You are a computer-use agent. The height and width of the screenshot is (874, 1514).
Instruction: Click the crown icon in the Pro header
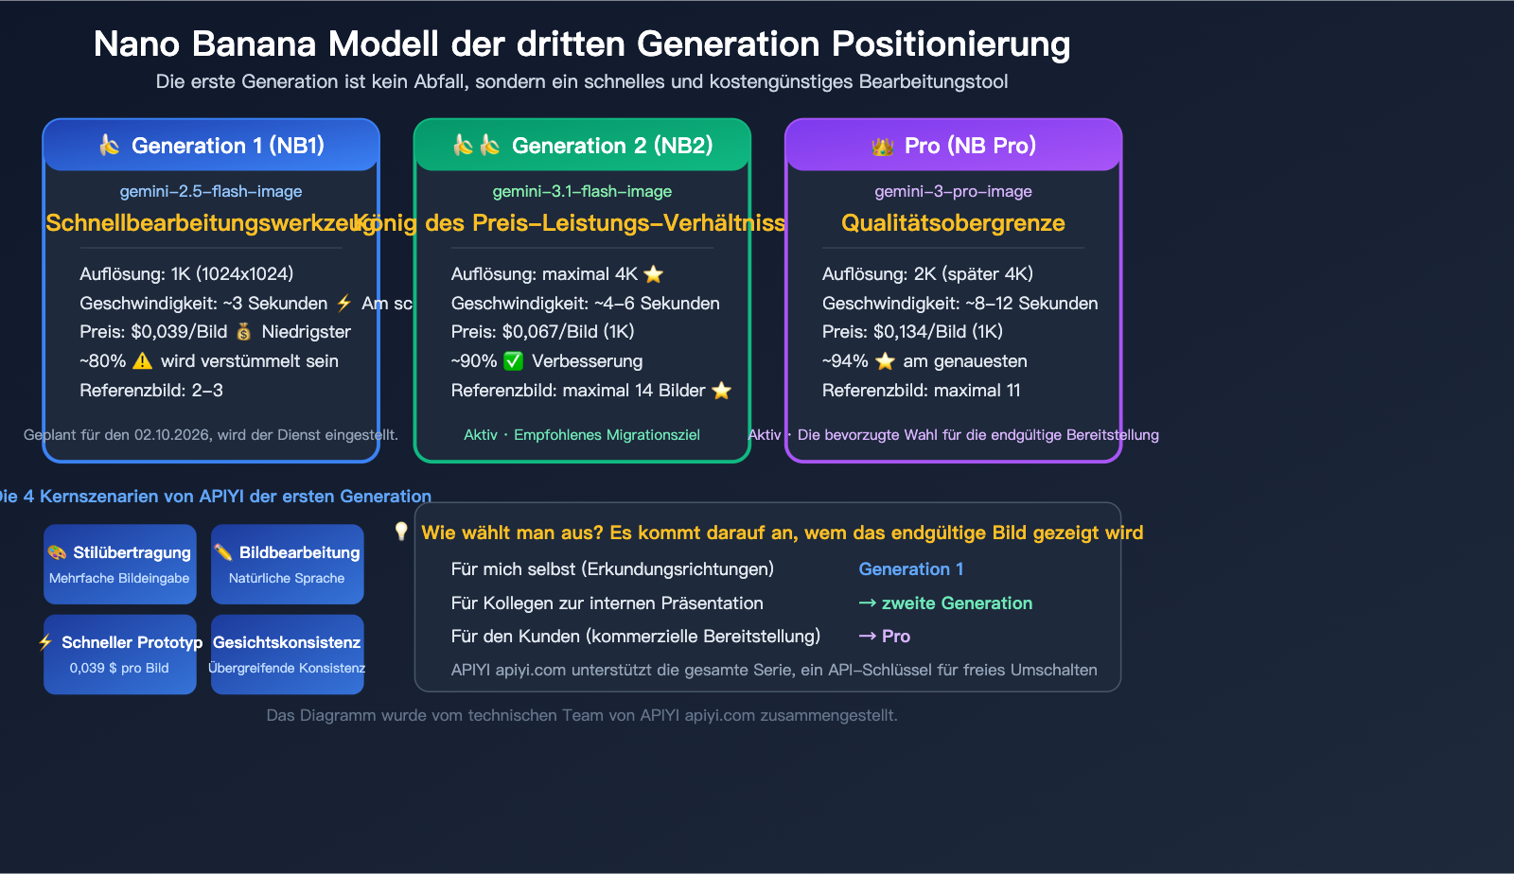click(883, 147)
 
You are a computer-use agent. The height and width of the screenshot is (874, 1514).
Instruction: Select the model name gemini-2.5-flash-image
click(211, 191)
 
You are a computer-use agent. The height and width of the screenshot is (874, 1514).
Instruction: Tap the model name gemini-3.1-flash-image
click(582, 191)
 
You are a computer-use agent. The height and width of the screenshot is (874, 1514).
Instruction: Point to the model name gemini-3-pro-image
click(953, 191)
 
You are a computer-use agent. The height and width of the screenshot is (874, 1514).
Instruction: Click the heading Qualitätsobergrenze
click(953, 223)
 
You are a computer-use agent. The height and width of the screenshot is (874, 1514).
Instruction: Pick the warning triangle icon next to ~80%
click(143, 361)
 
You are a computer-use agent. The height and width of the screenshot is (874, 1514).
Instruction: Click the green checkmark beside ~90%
click(514, 361)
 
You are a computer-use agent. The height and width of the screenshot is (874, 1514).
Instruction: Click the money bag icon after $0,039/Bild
click(244, 332)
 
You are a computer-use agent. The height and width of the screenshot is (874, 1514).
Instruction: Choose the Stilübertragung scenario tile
click(120, 564)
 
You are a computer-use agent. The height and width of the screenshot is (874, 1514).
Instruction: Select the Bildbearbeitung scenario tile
click(288, 564)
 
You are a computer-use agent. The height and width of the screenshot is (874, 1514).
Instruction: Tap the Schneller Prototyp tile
click(120, 655)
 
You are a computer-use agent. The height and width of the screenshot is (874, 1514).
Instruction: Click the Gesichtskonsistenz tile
click(288, 655)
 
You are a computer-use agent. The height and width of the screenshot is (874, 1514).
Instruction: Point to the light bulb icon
click(401, 532)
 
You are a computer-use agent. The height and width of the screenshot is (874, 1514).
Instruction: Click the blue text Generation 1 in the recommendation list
click(910, 569)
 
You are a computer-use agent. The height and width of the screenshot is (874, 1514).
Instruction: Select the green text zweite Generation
click(956, 603)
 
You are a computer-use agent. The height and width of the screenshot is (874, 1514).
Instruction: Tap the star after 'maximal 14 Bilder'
click(722, 391)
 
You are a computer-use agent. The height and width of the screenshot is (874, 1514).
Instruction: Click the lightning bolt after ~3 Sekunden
click(344, 304)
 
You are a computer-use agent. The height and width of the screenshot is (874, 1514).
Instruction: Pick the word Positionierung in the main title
click(950, 44)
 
